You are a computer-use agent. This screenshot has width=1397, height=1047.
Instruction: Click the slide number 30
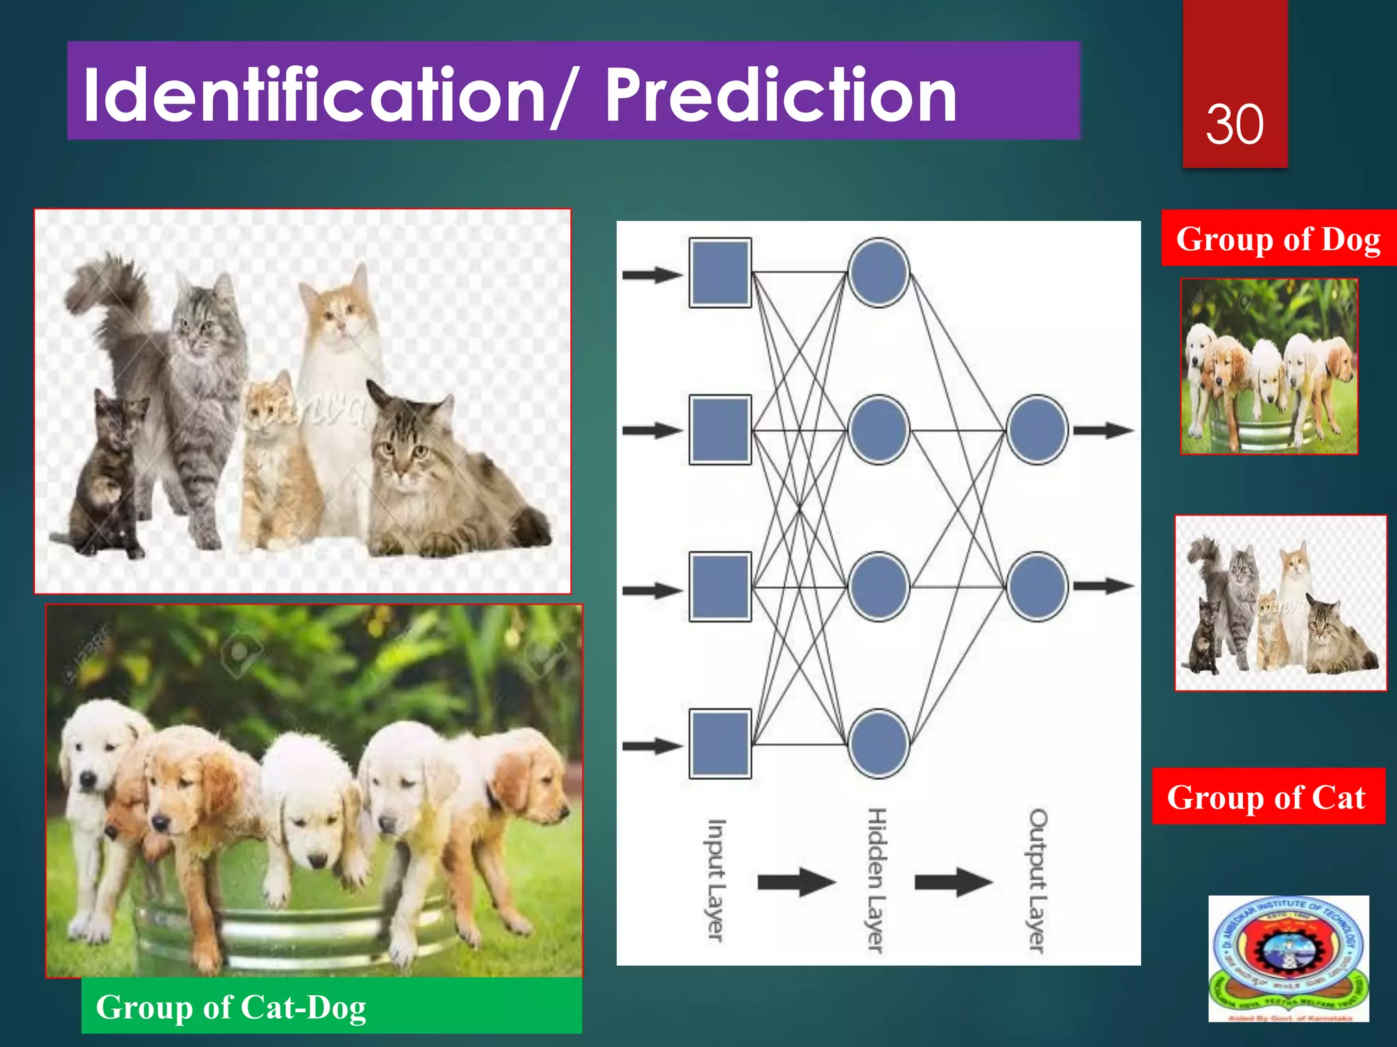point(1235,125)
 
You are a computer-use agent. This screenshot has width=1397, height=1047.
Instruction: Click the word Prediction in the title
point(780,95)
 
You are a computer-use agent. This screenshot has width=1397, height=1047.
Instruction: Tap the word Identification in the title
point(314,95)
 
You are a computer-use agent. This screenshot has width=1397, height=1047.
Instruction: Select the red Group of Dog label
point(1278,239)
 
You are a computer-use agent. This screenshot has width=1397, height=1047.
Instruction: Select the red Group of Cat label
point(1267,797)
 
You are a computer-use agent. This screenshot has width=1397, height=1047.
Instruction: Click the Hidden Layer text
point(877,879)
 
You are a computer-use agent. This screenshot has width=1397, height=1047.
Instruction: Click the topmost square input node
point(720,273)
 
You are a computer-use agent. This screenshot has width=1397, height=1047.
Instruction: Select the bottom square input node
point(720,744)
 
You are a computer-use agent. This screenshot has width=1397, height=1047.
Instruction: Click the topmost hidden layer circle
point(879,273)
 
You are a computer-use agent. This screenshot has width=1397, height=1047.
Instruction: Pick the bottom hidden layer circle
point(879,744)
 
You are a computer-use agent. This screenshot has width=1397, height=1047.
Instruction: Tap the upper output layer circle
point(1037,430)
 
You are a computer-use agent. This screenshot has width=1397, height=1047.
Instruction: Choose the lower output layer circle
point(1037,586)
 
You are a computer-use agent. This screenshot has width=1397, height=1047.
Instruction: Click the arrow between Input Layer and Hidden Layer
point(796,882)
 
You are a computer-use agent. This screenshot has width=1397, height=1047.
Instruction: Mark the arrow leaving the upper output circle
point(1104,430)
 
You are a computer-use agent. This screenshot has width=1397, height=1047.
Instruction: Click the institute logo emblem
point(1289,958)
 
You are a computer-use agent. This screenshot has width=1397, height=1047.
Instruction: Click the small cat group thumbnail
point(1280,603)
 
